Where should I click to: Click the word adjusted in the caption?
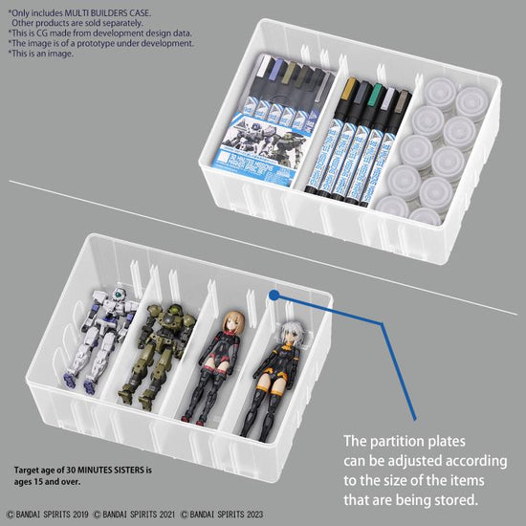(427, 461)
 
